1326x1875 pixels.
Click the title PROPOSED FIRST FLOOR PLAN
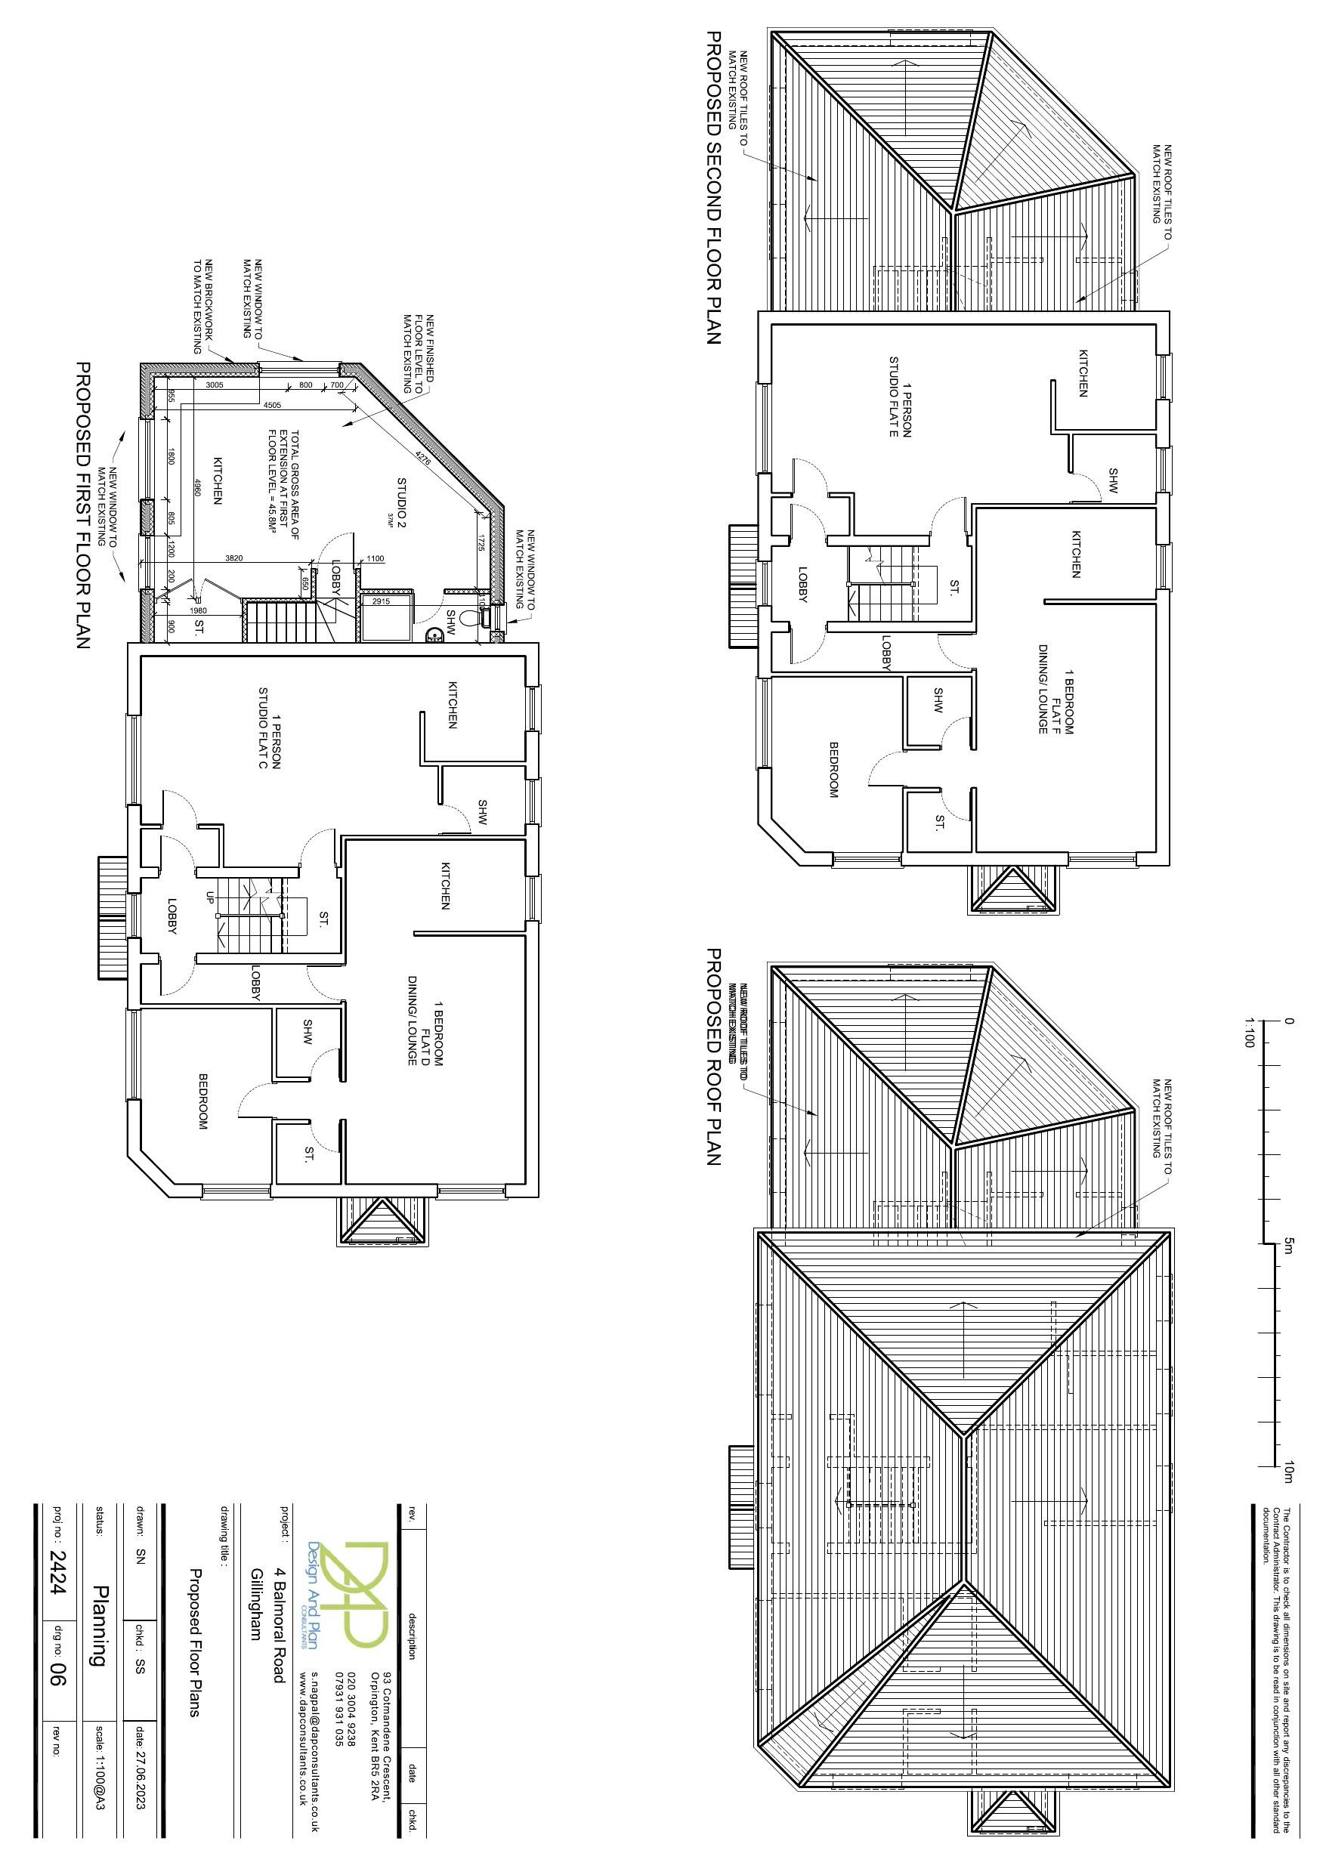coord(82,506)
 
